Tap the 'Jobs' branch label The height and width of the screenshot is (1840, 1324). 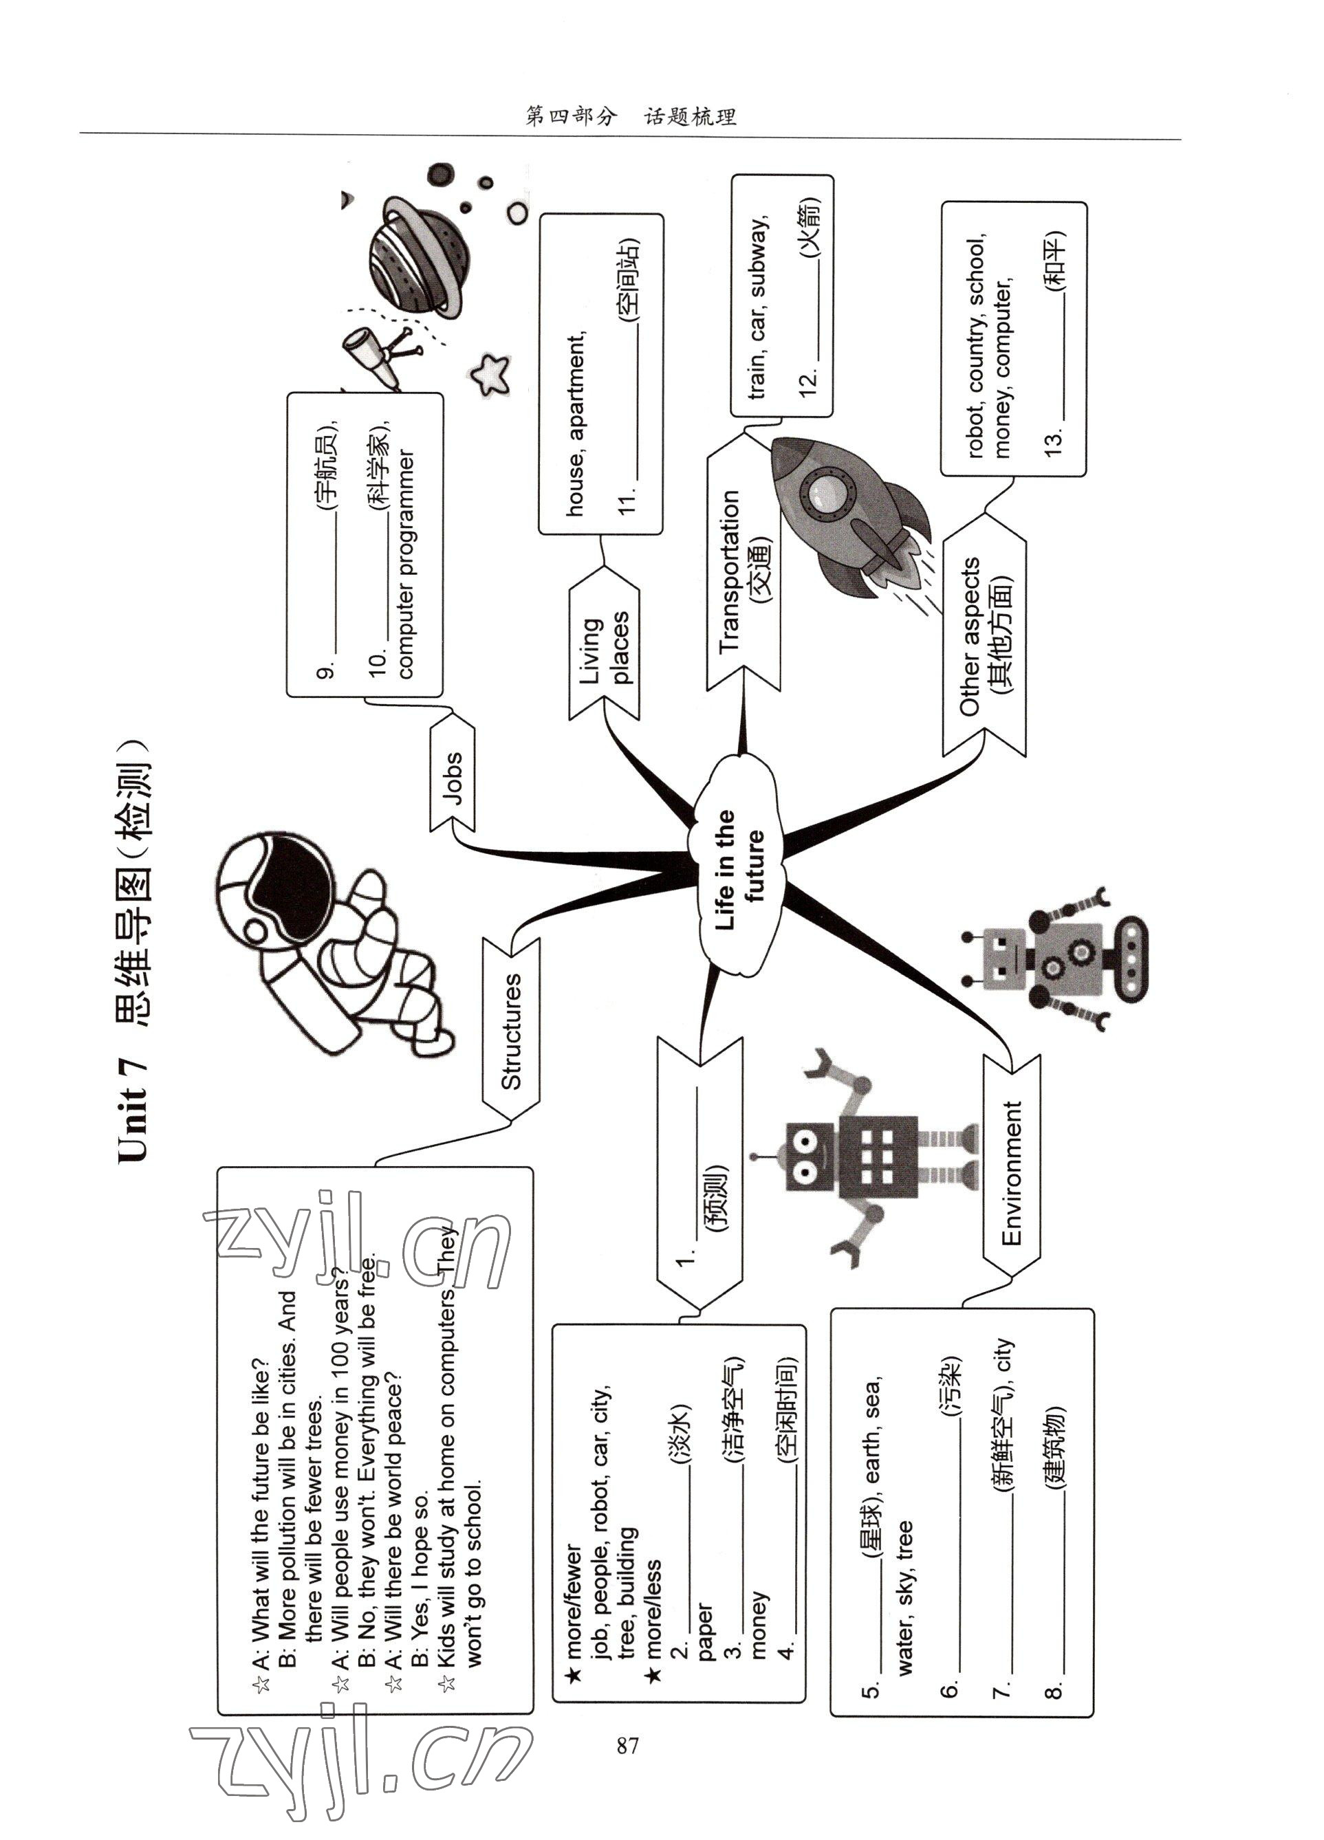[x=453, y=777]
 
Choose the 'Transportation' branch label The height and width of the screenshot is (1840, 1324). [x=743, y=568]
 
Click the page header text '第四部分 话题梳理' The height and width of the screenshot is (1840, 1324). [x=630, y=117]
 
